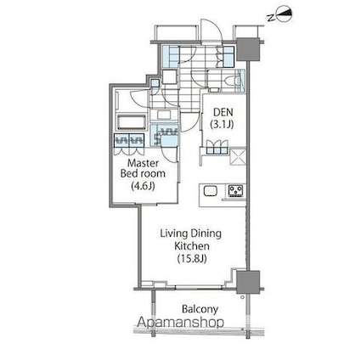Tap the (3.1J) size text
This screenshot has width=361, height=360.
pos(223,125)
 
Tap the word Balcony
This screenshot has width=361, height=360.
pos(200,309)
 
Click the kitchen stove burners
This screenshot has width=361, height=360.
pos(234,190)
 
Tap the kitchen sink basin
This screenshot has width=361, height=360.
pos(209,190)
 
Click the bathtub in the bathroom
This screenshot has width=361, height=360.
pos(129,120)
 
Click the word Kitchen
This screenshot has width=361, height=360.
pos(191,245)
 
